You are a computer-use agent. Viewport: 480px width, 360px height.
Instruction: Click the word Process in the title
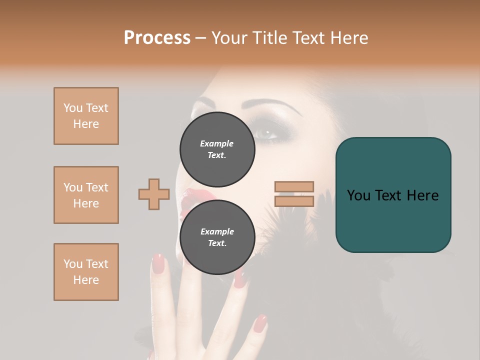[157, 38]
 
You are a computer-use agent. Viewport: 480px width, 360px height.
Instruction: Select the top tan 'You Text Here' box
[86, 116]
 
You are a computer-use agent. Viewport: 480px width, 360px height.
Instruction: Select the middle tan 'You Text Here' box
[86, 195]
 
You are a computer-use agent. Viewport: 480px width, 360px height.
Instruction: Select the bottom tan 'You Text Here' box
[86, 272]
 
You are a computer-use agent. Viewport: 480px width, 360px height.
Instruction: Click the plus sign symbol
[154, 194]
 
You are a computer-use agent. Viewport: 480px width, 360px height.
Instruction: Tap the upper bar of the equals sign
[294, 186]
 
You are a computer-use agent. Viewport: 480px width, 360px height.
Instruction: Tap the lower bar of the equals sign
[294, 201]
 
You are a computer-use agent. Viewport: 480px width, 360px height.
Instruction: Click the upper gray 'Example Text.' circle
[217, 149]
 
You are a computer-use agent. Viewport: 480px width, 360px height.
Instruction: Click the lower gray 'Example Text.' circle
[217, 237]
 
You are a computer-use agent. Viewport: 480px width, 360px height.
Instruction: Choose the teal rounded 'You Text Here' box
[393, 195]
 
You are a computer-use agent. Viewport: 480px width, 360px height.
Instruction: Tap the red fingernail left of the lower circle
[158, 263]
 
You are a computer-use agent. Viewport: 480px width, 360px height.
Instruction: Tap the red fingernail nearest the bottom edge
[259, 323]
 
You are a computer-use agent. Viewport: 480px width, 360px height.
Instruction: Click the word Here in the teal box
[422, 195]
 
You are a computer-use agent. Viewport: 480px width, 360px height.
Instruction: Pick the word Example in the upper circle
[217, 143]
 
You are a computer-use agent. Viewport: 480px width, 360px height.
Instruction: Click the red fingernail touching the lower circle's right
[240, 280]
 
